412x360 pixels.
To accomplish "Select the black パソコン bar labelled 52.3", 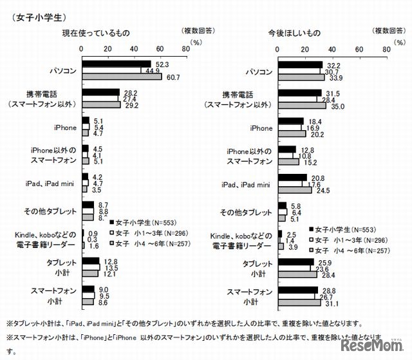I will [x=116, y=64].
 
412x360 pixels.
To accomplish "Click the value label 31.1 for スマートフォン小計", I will [x=333, y=304].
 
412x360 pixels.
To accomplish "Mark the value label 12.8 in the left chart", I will [x=109, y=261].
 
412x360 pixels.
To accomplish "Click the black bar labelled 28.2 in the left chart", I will [x=100, y=92].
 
